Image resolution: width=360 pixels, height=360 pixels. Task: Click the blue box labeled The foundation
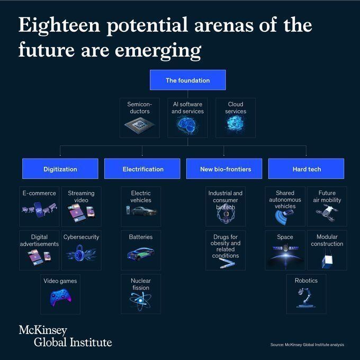[187, 80]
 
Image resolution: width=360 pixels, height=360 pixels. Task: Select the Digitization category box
[60, 169]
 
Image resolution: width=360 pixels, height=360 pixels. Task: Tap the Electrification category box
[143, 169]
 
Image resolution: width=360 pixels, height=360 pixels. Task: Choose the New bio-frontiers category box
[225, 169]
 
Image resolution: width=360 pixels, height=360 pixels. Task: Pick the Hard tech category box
[307, 169]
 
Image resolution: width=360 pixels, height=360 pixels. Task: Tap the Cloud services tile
[235, 118]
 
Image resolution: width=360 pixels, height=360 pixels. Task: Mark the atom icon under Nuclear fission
[140, 300]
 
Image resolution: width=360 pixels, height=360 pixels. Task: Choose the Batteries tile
[140, 250]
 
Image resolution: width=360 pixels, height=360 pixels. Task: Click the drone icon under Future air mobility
[327, 213]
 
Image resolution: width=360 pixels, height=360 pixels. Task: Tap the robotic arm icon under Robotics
[305, 299]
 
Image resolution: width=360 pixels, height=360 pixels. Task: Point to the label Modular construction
[327, 240]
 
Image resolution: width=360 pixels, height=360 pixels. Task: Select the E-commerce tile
[39, 206]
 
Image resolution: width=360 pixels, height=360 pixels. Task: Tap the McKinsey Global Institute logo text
[65, 336]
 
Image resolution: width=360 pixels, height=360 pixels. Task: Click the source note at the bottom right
[307, 345]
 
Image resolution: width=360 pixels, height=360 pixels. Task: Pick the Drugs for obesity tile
[226, 250]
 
